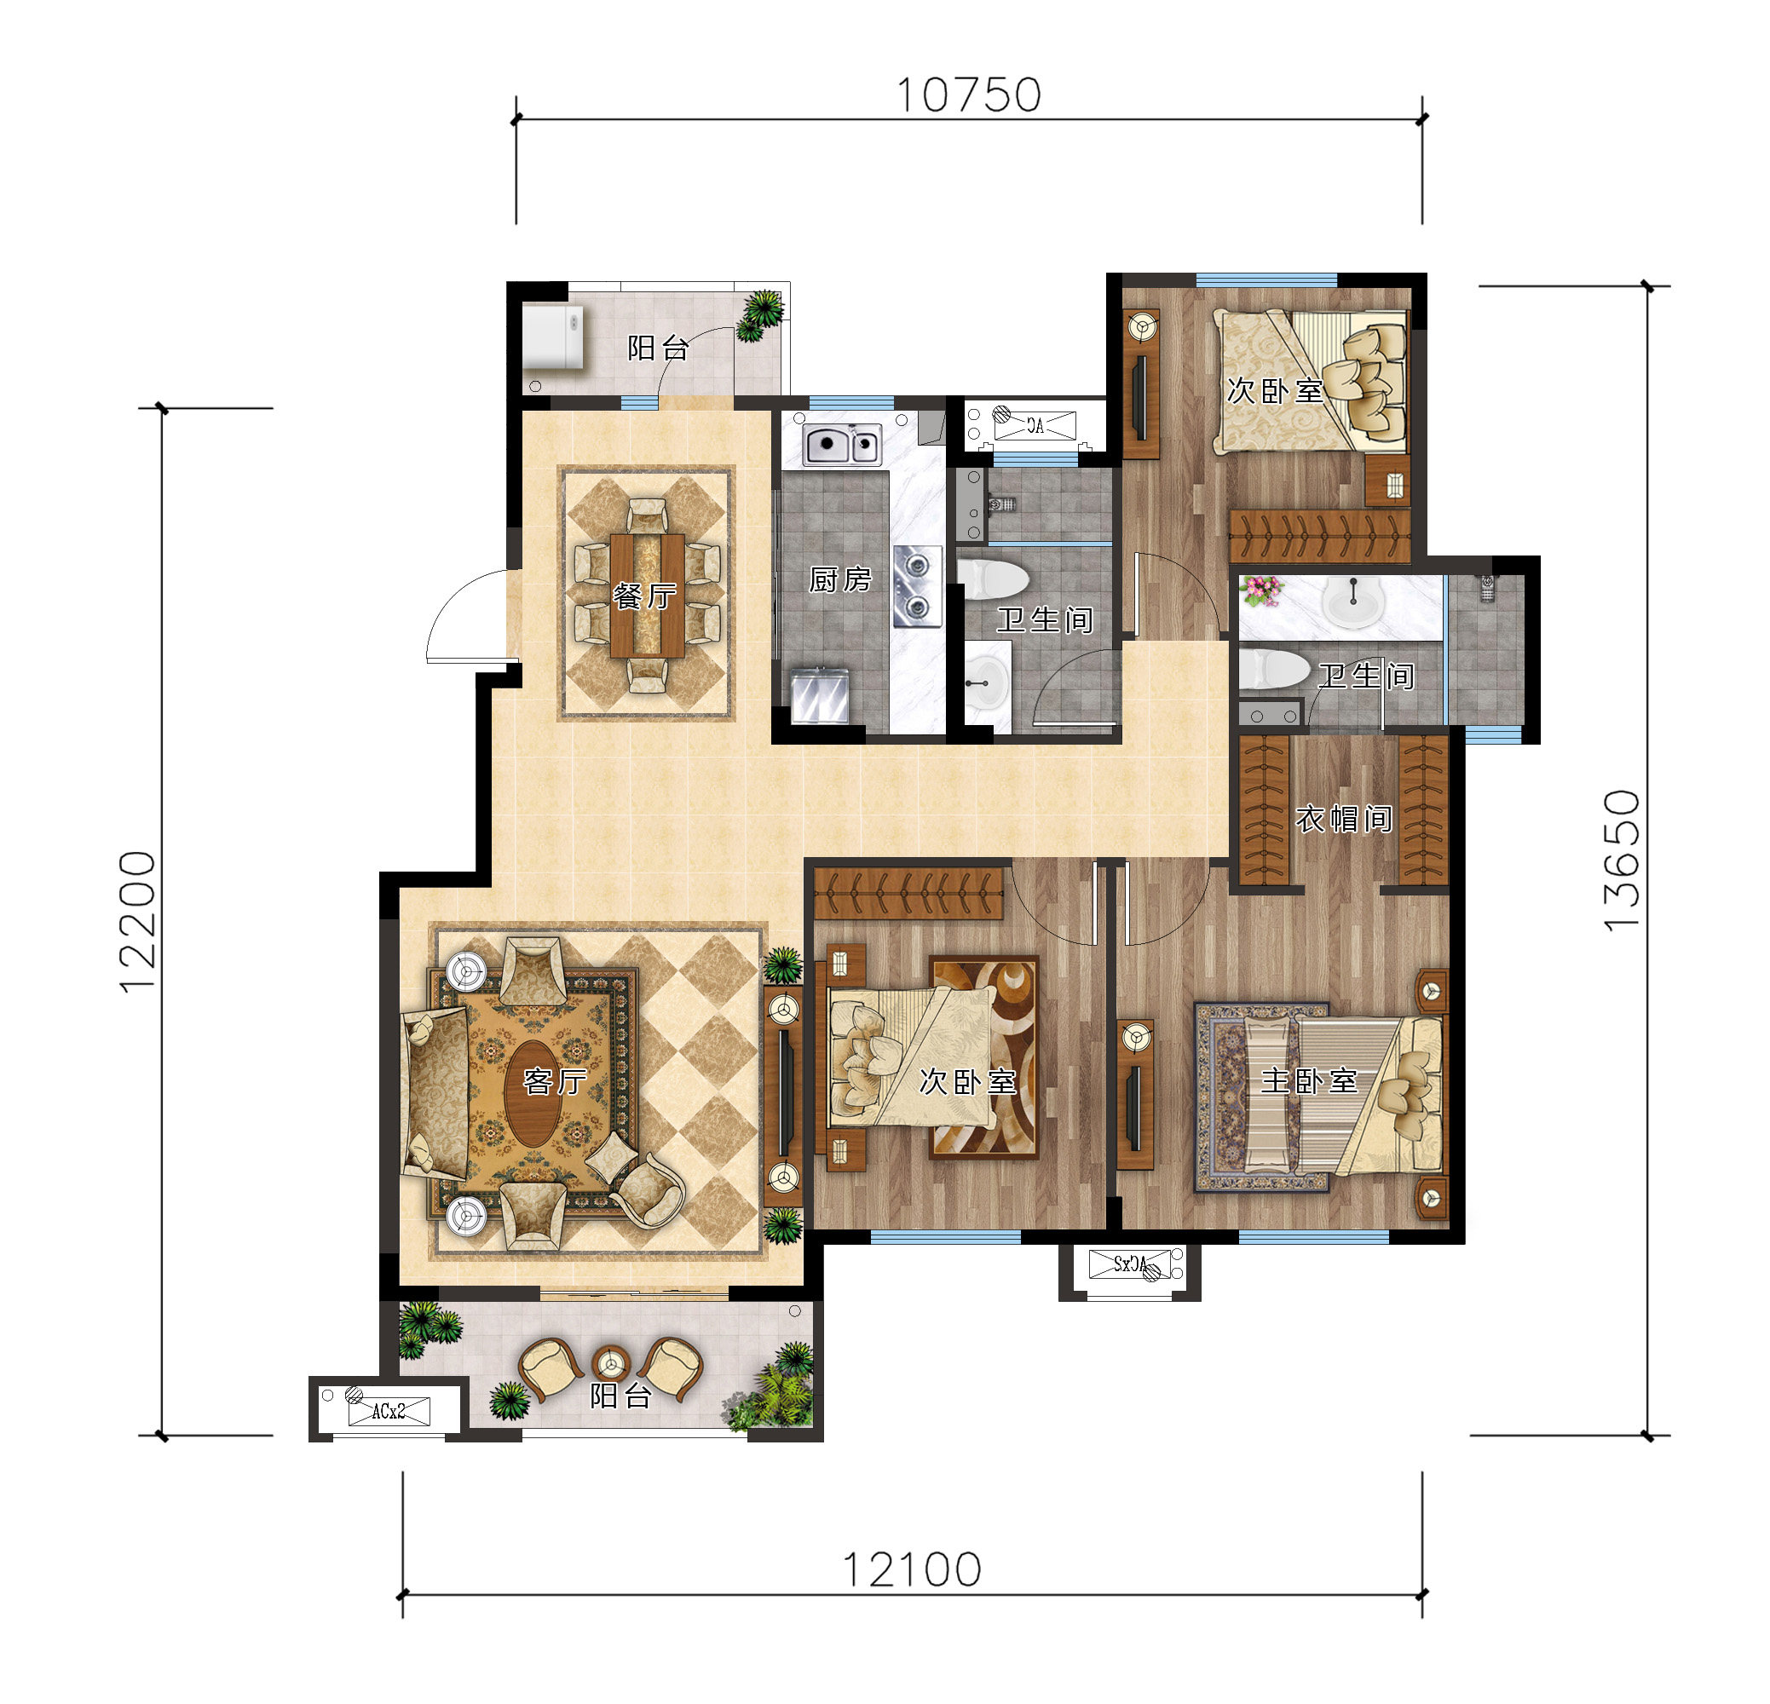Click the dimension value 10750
tap(969, 95)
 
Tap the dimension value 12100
tap(912, 1570)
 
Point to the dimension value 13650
tap(1623, 861)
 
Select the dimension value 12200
tap(138, 922)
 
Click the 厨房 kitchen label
tap(840, 579)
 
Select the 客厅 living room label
tap(556, 1081)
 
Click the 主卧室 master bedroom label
tap(1310, 1080)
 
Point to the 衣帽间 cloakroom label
tap(1344, 818)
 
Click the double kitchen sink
tap(844, 444)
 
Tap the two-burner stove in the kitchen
tap(918, 586)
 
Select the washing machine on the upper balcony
tap(553, 337)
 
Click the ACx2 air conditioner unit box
tap(389, 1409)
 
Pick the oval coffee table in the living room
tap(533, 1095)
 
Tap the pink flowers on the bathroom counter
tap(1262, 590)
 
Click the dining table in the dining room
tap(647, 596)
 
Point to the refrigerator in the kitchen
tap(819, 695)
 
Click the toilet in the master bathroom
tap(1273, 670)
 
